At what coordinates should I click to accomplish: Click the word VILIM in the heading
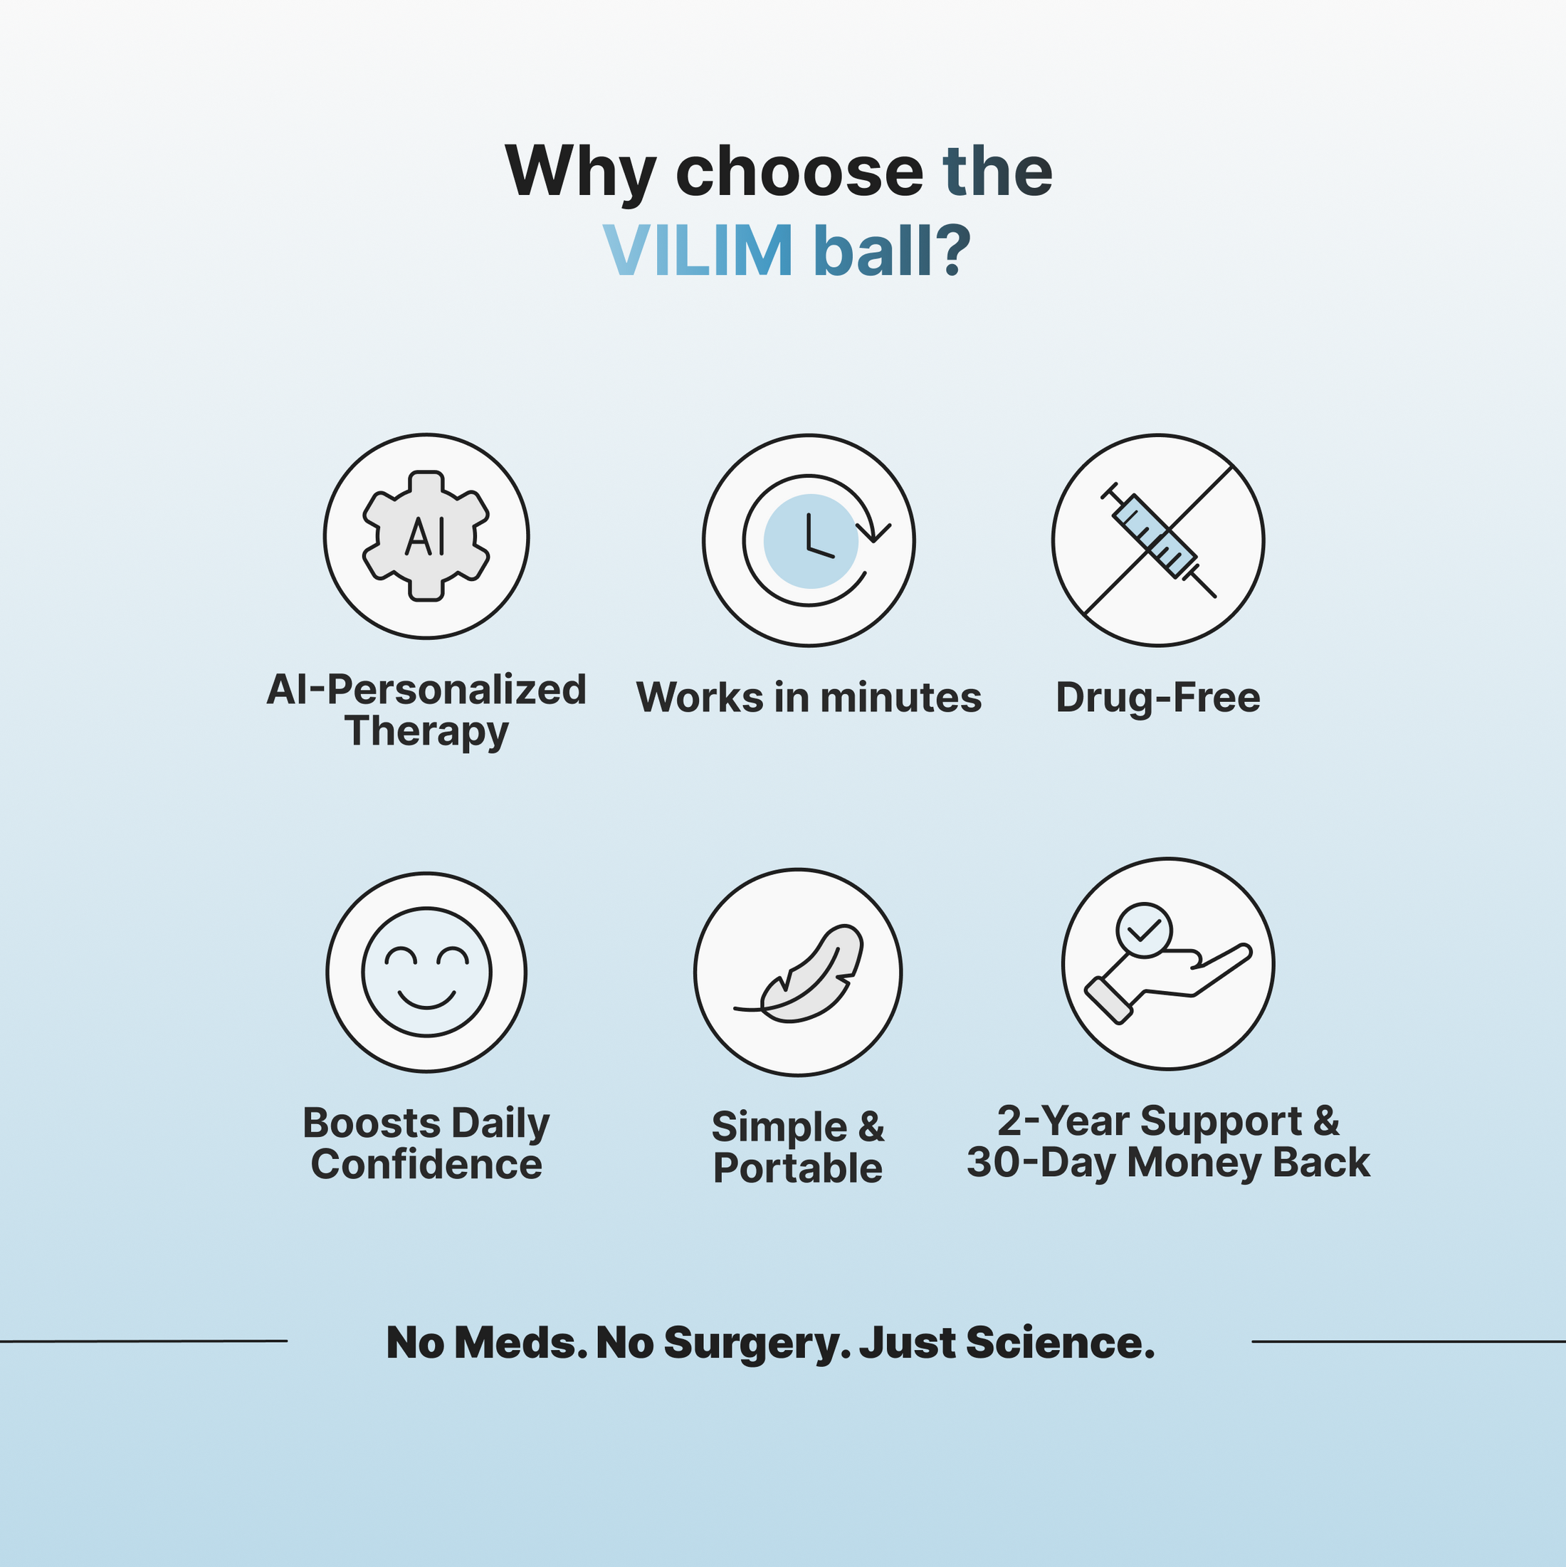698,251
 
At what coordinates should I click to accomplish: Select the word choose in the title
799,172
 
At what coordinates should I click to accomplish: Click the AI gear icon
426,536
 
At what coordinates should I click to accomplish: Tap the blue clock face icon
810,540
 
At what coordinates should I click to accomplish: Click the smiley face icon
426,972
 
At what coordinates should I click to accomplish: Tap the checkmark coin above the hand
1143,931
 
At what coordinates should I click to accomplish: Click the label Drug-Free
1157,698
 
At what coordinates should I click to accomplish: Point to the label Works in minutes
809,698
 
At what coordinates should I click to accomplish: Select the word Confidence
426,1165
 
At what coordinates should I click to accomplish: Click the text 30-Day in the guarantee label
1041,1163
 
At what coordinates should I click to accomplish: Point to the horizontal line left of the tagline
144,1341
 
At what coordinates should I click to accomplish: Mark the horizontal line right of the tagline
1409,1341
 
